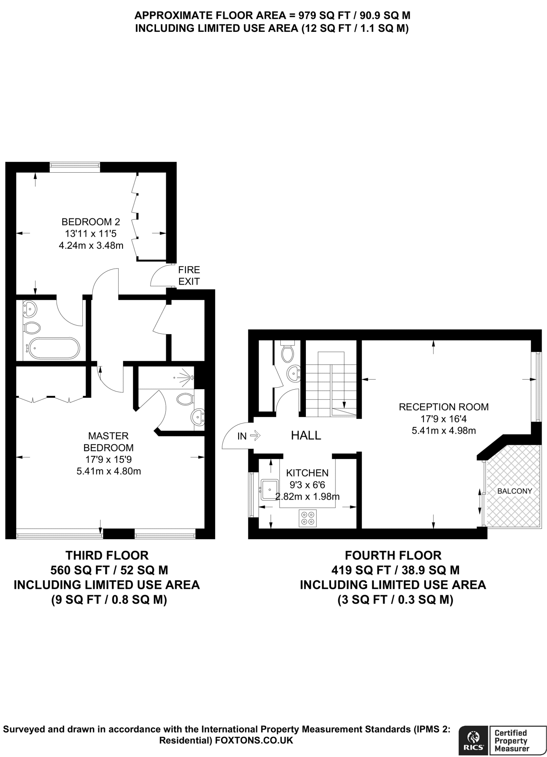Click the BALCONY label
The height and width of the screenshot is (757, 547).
pyautogui.click(x=514, y=491)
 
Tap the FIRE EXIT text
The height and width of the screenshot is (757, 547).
pyautogui.click(x=189, y=276)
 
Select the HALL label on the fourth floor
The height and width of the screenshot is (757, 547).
pyautogui.click(x=306, y=435)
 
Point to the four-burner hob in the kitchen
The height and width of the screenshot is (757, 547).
pyautogui.click(x=308, y=518)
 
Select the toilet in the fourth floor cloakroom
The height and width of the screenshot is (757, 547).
pyautogui.click(x=287, y=353)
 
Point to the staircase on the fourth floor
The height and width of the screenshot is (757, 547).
pyautogui.click(x=331, y=384)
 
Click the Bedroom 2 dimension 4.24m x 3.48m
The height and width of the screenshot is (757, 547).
pyautogui.click(x=91, y=245)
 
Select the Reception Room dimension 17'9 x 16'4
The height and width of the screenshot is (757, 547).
pyautogui.click(x=443, y=418)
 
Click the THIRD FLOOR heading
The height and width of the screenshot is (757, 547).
pyautogui.click(x=107, y=555)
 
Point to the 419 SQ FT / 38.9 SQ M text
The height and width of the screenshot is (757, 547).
pyautogui.click(x=395, y=570)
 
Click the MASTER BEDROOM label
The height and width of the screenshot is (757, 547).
pyautogui.click(x=108, y=442)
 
